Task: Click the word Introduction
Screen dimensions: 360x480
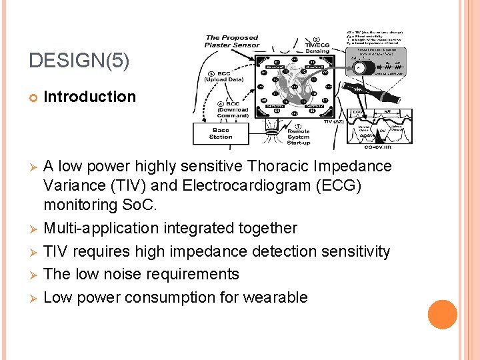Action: tap(89, 97)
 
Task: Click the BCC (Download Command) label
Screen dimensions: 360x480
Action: tap(233, 110)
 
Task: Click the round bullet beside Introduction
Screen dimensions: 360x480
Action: tap(33, 97)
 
